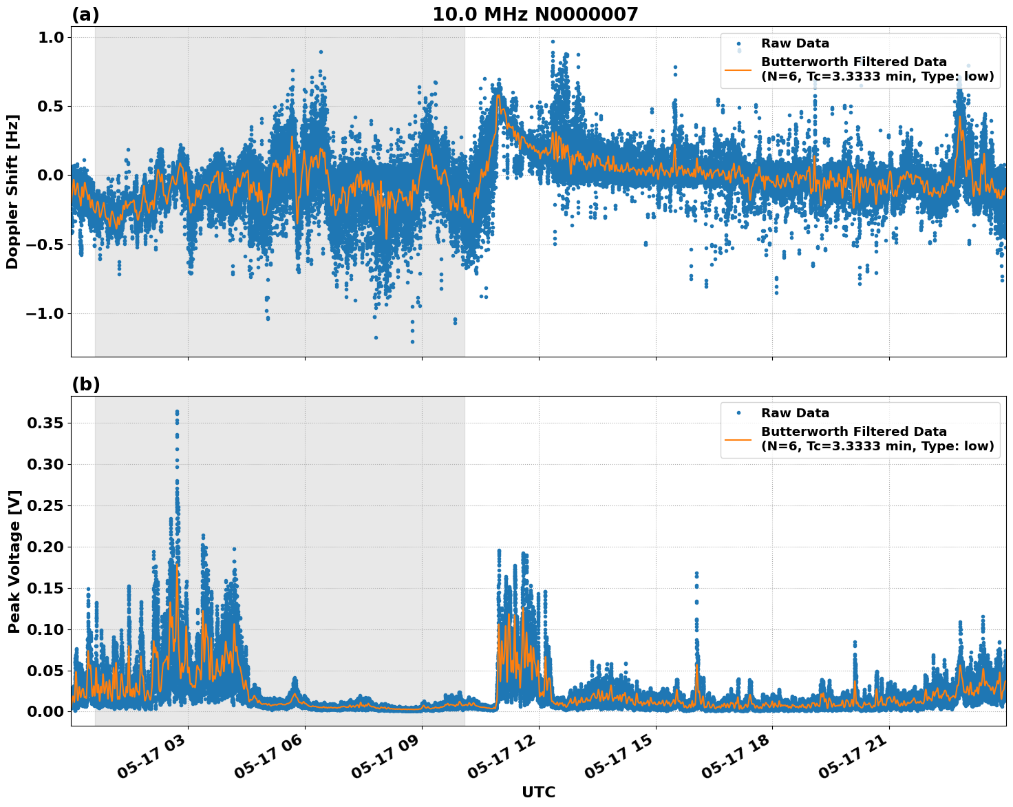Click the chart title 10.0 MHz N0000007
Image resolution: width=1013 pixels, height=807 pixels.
(x=535, y=14)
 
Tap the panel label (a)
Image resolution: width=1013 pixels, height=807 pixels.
(x=86, y=14)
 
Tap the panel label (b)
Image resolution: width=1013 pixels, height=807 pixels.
(x=86, y=384)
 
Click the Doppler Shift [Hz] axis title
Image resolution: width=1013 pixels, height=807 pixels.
(x=12, y=191)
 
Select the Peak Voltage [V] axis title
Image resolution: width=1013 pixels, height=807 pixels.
(x=14, y=561)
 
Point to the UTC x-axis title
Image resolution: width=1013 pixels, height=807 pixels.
(x=538, y=792)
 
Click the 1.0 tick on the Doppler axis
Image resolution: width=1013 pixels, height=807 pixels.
(x=51, y=37)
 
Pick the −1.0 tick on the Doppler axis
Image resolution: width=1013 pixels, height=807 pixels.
(x=45, y=313)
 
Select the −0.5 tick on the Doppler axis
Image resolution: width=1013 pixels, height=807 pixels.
(x=45, y=244)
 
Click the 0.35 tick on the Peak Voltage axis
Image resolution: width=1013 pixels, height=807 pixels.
(x=45, y=423)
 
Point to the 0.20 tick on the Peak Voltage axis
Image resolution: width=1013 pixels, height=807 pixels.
(x=45, y=547)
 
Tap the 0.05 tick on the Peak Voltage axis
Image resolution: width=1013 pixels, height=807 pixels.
(x=45, y=671)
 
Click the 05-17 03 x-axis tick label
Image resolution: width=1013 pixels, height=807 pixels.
(x=155, y=760)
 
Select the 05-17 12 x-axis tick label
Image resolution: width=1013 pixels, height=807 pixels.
(x=506, y=760)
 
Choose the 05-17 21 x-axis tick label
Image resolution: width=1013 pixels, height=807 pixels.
(x=857, y=760)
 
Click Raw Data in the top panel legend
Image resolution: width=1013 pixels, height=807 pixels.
(x=795, y=43)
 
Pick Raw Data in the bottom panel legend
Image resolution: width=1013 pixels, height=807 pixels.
(x=795, y=413)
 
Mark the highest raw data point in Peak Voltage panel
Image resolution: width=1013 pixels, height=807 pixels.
(x=177, y=412)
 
